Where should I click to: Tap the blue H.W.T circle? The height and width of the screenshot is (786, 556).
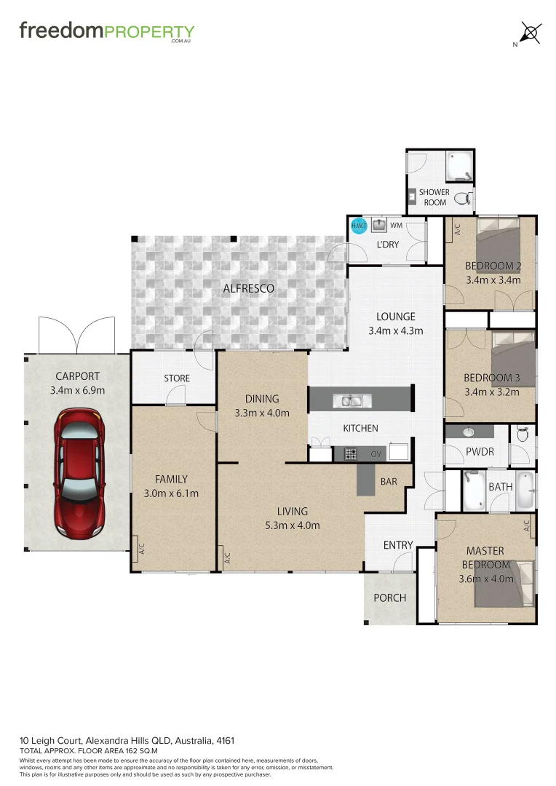coord(359,226)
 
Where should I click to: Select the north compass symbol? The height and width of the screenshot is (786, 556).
coord(531,33)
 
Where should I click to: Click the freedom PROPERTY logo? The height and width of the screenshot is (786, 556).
coord(106,31)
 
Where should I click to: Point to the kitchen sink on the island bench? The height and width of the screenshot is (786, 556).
coord(352,400)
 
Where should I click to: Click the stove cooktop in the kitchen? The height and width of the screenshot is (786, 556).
coord(350,454)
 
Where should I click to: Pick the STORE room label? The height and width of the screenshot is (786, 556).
coord(177,378)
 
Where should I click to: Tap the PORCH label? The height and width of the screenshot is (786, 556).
coord(389,598)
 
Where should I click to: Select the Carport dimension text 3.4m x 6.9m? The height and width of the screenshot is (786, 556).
coord(77,390)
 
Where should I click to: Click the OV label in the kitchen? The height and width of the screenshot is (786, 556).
coord(376,454)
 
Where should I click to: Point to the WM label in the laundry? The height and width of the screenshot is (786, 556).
coord(396,226)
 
